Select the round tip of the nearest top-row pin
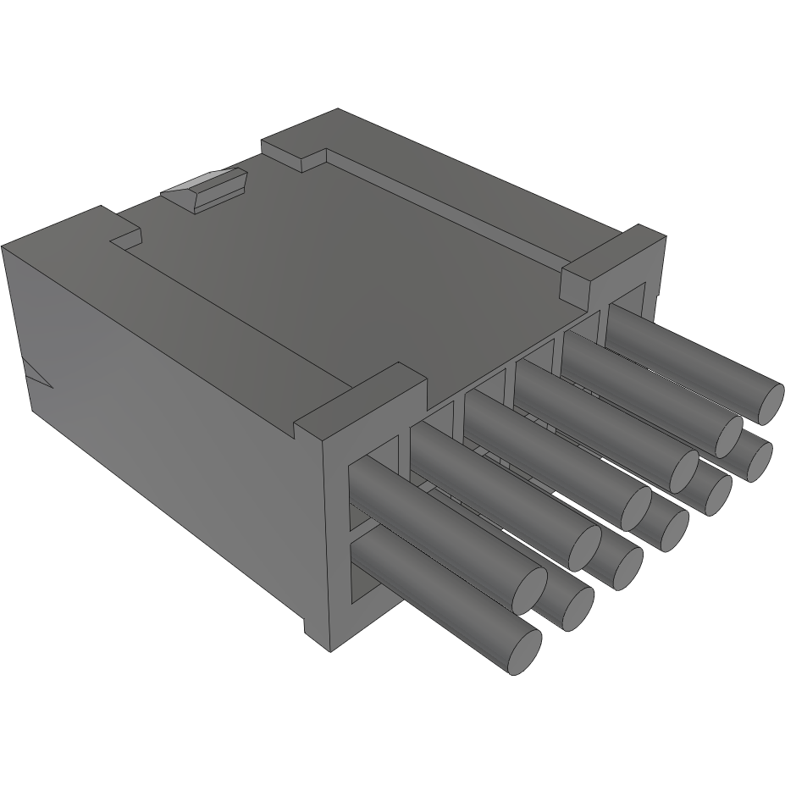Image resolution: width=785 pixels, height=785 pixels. tap(529, 591)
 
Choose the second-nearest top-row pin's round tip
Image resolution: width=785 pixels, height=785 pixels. tap(584, 548)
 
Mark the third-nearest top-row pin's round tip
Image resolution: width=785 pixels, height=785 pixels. tap(635, 509)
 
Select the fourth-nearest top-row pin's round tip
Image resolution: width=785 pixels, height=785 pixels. tap(683, 472)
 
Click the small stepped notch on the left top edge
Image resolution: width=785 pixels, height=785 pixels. tap(125, 237)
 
